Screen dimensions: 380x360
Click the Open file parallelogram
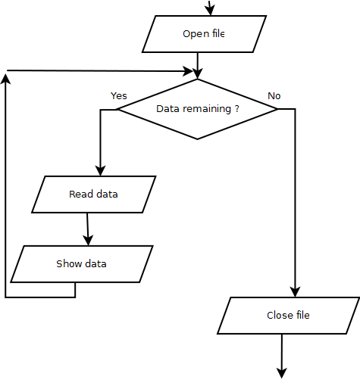[204, 34]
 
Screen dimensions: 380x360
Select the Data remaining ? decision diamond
[197, 109]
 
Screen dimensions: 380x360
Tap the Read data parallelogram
[94, 195]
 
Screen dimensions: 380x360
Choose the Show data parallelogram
[82, 264]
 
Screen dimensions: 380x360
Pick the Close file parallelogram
[288, 316]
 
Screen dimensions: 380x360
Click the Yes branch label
[119, 96]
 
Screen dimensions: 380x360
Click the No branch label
[274, 96]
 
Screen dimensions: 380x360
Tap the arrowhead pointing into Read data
[100, 170]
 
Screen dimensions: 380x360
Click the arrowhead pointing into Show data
[89, 239]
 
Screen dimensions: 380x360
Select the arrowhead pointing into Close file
[295, 291]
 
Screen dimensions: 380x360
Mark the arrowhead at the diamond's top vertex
[197, 73]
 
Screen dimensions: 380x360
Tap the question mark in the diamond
[236, 109]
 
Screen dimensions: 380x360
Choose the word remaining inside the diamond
[205, 109]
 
